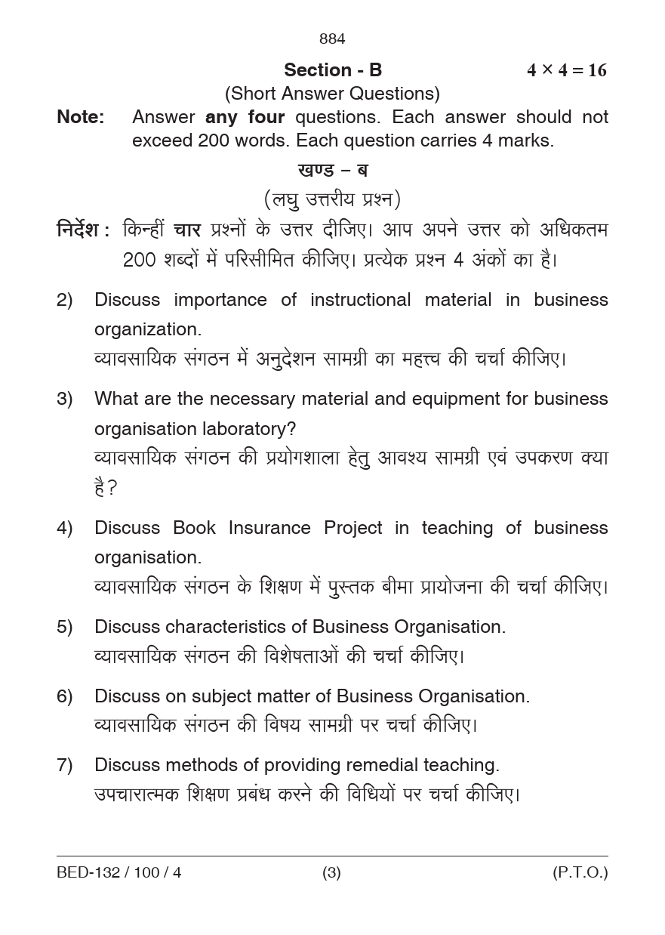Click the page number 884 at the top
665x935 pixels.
click(x=332, y=39)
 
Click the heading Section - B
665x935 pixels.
click(x=333, y=70)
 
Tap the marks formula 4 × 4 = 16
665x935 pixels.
click(x=566, y=70)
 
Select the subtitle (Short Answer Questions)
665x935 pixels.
click(x=332, y=94)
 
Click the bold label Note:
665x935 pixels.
click(x=80, y=117)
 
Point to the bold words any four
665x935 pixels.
click(x=245, y=117)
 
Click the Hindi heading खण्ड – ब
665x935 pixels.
click(x=333, y=170)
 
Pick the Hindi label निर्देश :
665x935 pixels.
click(x=83, y=230)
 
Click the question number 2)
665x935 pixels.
click(x=65, y=300)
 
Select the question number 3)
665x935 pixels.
click(x=65, y=399)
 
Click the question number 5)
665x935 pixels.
click(x=65, y=627)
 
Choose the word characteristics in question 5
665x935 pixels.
click(x=236, y=627)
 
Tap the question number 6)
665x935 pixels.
click(x=65, y=696)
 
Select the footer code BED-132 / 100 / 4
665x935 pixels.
click(x=119, y=873)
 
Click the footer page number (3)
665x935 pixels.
click(x=331, y=873)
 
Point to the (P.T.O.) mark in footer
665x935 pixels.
click(x=580, y=873)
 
